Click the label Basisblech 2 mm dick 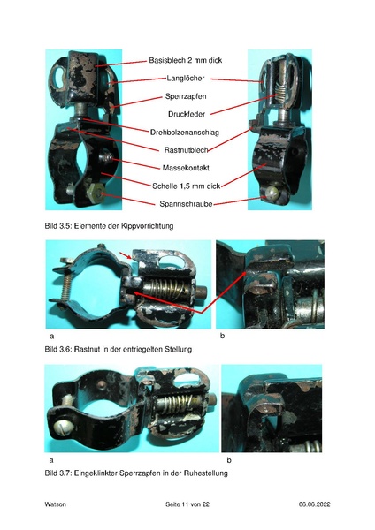(x=186, y=60)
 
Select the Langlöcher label (x=186, y=79)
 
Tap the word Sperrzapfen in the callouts (x=186, y=96)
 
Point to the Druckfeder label (x=187, y=114)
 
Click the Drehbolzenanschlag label (x=185, y=132)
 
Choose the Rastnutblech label (x=186, y=150)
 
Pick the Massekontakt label (x=186, y=168)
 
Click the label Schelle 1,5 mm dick (x=186, y=185)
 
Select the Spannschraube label (x=186, y=204)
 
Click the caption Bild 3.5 (x=109, y=226)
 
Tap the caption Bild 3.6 (x=119, y=349)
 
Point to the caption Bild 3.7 (x=136, y=473)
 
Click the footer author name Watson (x=55, y=504)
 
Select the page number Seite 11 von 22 (x=187, y=504)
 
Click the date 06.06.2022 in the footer (x=315, y=504)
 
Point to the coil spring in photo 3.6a (x=165, y=290)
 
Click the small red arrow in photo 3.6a (x=126, y=255)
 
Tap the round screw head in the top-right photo (x=272, y=193)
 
